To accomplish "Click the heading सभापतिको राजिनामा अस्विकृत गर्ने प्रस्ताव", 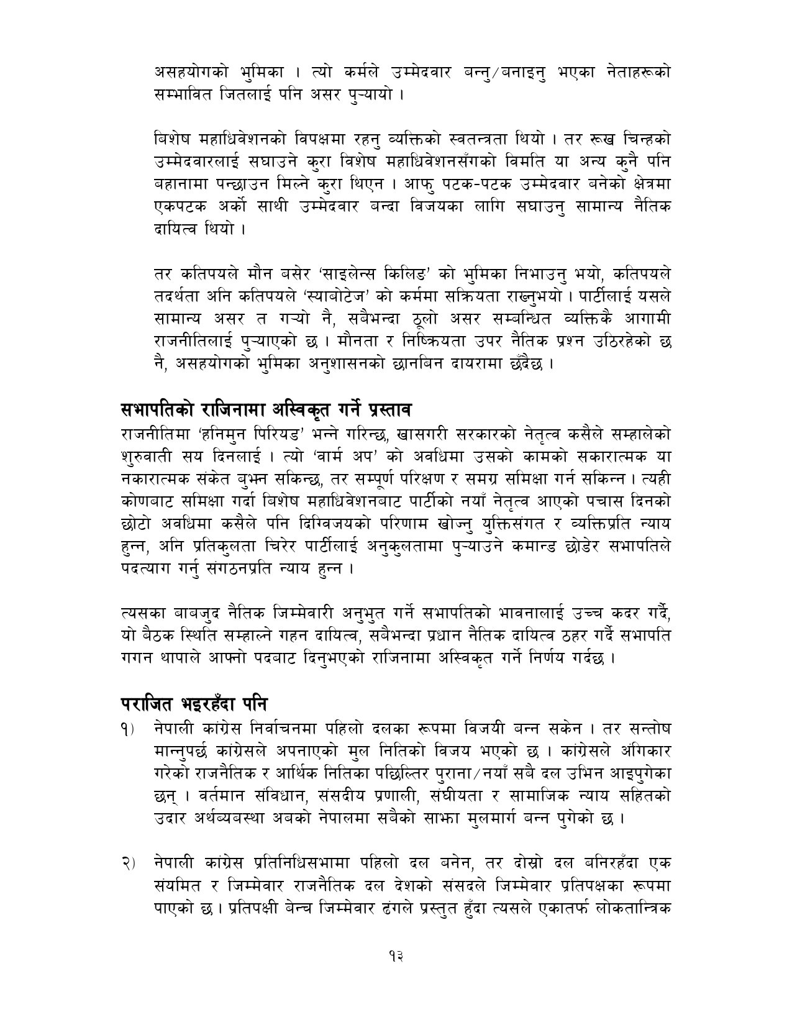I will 267,411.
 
